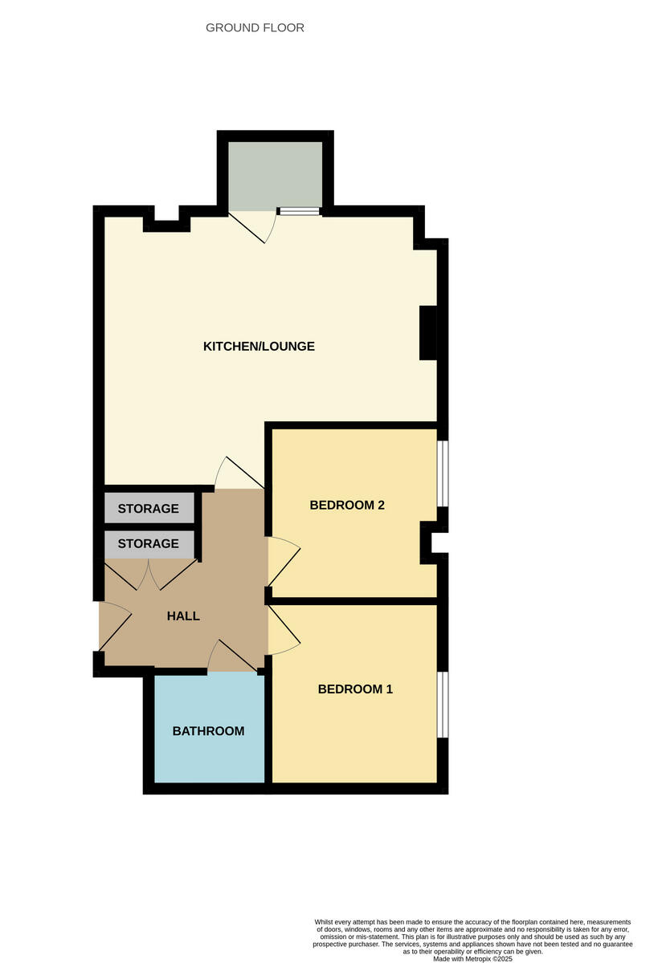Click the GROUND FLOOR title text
click(255, 28)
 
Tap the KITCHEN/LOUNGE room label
click(259, 347)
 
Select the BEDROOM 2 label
click(347, 506)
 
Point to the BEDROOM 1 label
click(355, 689)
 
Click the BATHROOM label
click(208, 731)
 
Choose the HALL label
click(183, 616)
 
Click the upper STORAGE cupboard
click(149, 509)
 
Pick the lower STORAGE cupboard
click(149, 544)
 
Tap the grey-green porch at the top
click(276, 175)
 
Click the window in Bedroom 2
click(443, 473)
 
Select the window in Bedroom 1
click(443, 705)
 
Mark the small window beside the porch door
click(299, 212)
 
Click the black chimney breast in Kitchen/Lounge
click(429, 332)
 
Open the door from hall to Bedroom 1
click(283, 631)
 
